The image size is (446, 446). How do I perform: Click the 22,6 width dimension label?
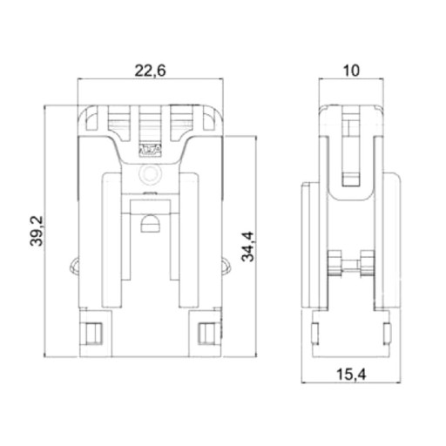point(150,71)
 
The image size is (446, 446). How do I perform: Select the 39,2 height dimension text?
point(37,231)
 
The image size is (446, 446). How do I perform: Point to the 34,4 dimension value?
point(247,247)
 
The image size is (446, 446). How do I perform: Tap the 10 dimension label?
point(351,71)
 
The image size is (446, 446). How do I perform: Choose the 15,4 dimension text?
point(351,375)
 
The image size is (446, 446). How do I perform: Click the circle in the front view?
point(150,174)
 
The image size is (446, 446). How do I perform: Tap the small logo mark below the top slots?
point(150,150)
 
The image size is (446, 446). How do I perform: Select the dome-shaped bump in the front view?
point(150,223)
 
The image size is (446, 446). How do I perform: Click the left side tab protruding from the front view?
point(74,265)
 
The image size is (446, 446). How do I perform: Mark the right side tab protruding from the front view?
point(226,266)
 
